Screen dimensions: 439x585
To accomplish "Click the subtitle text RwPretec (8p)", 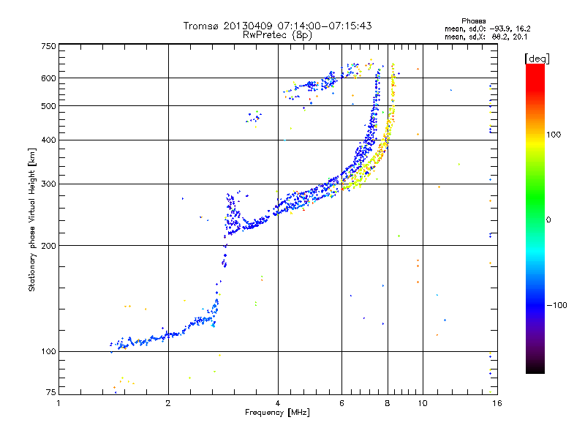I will coord(277,34).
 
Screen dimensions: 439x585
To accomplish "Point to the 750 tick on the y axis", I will coord(48,45).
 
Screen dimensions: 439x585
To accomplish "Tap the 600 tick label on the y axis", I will coord(48,78).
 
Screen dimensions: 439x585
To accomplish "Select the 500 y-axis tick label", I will coord(48,106).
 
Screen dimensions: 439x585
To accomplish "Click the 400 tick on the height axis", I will coord(48,140).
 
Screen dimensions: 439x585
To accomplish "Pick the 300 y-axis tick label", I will coord(48,184).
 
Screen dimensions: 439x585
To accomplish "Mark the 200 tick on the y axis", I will coord(48,246).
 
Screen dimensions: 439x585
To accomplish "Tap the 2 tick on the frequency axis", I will coord(168,403).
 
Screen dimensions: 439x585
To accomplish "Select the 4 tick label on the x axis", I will coord(278,403).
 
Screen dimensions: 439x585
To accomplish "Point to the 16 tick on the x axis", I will coord(496,403).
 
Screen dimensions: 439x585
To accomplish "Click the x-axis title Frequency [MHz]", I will coord(277,413).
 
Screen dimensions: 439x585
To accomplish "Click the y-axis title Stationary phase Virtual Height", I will coord(32,219).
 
